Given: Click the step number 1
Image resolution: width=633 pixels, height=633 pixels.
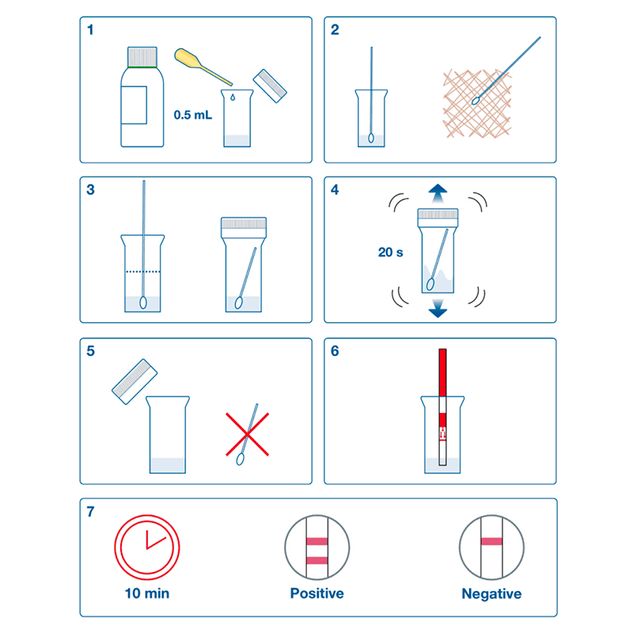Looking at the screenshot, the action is (x=90, y=29).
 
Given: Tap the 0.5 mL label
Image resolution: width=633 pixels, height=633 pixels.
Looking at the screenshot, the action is (x=192, y=115).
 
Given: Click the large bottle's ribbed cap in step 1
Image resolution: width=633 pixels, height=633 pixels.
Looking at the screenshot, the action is (x=142, y=57).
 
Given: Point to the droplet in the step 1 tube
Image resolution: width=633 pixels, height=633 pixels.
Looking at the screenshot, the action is (x=233, y=97).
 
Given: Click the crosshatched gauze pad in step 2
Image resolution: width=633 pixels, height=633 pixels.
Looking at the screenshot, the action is (x=477, y=104).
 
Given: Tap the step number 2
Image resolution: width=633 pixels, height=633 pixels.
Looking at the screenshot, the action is (x=335, y=29).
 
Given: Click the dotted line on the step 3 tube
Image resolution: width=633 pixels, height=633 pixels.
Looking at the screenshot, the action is (x=143, y=271).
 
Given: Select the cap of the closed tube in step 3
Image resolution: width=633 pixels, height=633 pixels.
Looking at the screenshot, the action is (x=244, y=228).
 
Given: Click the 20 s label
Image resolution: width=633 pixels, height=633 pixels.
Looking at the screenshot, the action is (x=390, y=252).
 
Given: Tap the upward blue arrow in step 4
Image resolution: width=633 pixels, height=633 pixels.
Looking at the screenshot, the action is (x=438, y=193).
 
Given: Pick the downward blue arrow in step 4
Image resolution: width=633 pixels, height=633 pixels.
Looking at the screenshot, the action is (x=438, y=308).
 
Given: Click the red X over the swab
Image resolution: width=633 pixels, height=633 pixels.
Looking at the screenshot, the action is (x=247, y=434).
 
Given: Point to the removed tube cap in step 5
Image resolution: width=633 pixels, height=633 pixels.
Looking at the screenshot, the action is (x=135, y=381).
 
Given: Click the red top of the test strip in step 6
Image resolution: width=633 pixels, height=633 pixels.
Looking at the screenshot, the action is (x=442, y=372).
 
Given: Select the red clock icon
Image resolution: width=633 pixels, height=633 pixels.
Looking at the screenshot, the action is (x=147, y=547).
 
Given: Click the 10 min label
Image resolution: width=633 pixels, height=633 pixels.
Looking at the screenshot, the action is (x=147, y=593).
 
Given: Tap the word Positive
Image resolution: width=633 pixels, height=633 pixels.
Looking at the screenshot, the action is (x=317, y=593).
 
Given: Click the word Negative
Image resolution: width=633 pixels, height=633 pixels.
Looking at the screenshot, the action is (x=491, y=594).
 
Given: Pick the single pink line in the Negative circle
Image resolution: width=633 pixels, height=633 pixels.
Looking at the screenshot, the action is (x=491, y=541).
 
